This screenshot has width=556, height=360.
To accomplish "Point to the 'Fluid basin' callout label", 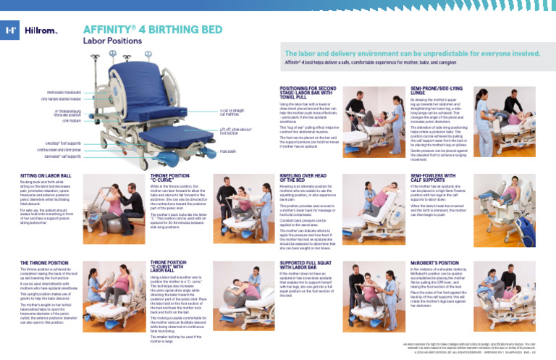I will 229,151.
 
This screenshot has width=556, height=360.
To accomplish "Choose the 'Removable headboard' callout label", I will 58,93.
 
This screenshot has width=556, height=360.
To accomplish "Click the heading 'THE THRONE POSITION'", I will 43,261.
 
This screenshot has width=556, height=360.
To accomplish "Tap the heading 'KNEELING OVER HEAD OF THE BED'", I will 304,177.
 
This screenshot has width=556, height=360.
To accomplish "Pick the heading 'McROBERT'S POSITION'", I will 433,261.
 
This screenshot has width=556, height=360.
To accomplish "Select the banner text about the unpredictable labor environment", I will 413,54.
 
